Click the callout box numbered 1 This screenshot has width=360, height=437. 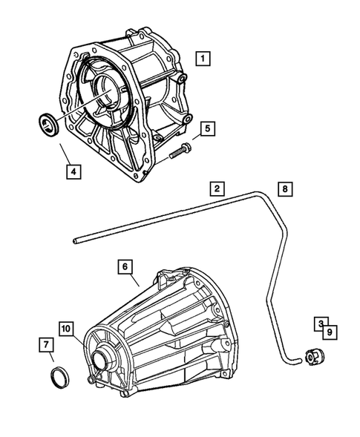(x=203, y=56)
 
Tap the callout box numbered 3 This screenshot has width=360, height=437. (x=320, y=324)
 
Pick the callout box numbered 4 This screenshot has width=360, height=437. (x=72, y=172)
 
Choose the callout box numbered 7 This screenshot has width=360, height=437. (x=45, y=344)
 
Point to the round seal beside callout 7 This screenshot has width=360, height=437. (x=59, y=374)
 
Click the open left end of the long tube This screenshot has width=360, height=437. (x=76, y=240)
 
